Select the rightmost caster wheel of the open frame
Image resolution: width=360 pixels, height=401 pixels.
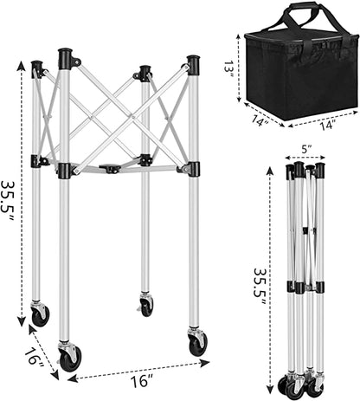[198, 342]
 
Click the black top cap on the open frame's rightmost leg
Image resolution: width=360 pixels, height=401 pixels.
[192, 65]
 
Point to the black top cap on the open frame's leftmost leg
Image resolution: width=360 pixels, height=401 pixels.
[37, 68]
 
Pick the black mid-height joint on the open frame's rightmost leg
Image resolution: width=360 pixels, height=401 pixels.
[191, 168]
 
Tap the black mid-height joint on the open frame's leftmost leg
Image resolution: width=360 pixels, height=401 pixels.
[38, 161]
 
